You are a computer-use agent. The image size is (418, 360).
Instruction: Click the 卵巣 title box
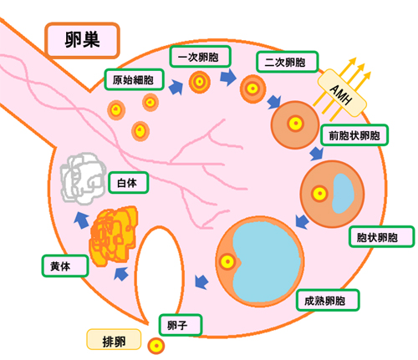pyautogui.click(x=82, y=40)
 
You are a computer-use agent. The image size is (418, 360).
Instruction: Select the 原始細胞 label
pyautogui.click(x=134, y=79)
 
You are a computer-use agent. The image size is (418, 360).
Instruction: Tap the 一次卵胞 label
pyautogui.click(x=200, y=57)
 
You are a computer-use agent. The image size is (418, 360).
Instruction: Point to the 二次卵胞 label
pyautogui.click(x=287, y=62)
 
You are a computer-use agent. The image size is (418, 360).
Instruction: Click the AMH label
pyautogui.click(x=342, y=93)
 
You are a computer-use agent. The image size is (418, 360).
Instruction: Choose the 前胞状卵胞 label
pyautogui.click(x=354, y=135)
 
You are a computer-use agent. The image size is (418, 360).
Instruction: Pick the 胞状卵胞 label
pyautogui.click(x=381, y=236)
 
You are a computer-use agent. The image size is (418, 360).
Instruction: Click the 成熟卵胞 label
pyautogui.click(x=328, y=300)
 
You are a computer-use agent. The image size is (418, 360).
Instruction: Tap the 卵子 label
pyautogui.click(x=181, y=325)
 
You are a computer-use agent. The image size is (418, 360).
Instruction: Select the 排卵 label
pyautogui.click(x=114, y=339)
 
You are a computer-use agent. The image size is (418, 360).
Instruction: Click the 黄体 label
pyautogui.click(x=65, y=266)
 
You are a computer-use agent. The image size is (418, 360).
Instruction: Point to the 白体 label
pyautogui.click(x=128, y=183)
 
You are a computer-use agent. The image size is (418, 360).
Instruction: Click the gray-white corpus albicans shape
pyautogui.click(x=83, y=178)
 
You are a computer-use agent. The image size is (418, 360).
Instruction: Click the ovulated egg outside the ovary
pyautogui.click(x=156, y=346)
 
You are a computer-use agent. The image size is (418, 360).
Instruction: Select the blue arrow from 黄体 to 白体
pyautogui.click(x=81, y=220)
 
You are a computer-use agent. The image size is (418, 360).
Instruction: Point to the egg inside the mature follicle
pyautogui.click(x=227, y=261)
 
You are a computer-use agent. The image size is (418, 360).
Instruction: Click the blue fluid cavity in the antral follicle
pyautogui.click(x=343, y=193)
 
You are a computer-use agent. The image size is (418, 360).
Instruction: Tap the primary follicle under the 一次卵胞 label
pyautogui.click(x=200, y=82)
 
